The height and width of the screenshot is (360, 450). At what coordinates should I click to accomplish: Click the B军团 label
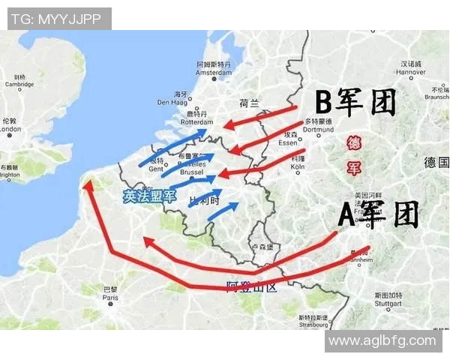coord(355,103)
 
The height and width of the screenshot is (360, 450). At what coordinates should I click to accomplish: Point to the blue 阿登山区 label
coord(252,286)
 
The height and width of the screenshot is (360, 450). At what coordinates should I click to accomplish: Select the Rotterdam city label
coord(197,122)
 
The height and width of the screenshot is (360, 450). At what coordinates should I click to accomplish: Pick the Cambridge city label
coord(19,84)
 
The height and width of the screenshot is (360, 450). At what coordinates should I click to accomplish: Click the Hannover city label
coord(412,72)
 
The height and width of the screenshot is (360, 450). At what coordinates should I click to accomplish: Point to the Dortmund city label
coord(318,129)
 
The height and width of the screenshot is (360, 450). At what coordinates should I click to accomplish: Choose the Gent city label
coord(155,169)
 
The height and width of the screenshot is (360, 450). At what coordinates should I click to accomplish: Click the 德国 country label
coord(435,162)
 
